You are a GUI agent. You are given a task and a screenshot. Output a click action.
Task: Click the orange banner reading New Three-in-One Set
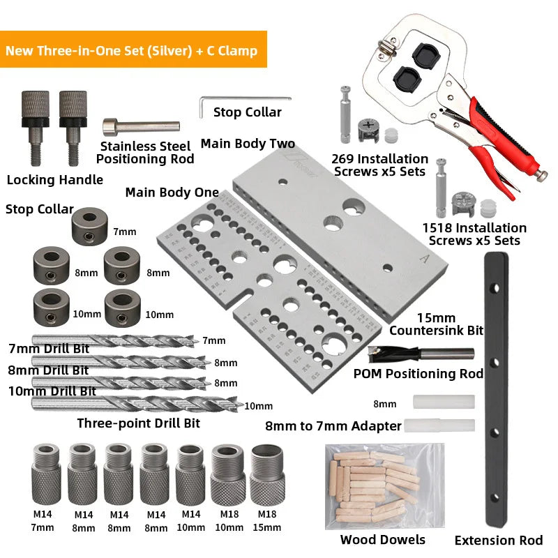click(133, 50)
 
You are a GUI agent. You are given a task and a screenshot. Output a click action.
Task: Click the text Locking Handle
click(54, 179)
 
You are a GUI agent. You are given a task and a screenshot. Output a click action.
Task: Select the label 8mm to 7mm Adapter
click(333, 425)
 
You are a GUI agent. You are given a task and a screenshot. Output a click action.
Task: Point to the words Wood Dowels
click(382, 539)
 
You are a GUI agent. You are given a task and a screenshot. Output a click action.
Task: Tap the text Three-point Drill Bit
click(138, 423)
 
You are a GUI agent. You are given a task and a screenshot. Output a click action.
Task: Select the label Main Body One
click(172, 193)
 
